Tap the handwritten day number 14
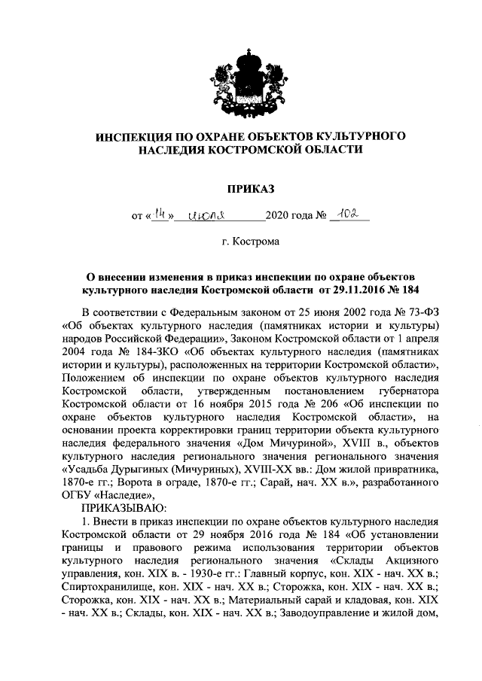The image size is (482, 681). pyautogui.click(x=159, y=216)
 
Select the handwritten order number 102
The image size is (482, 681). pyautogui.click(x=347, y=215)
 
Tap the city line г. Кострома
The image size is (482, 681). pyautogui.click(x=240, y=242)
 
